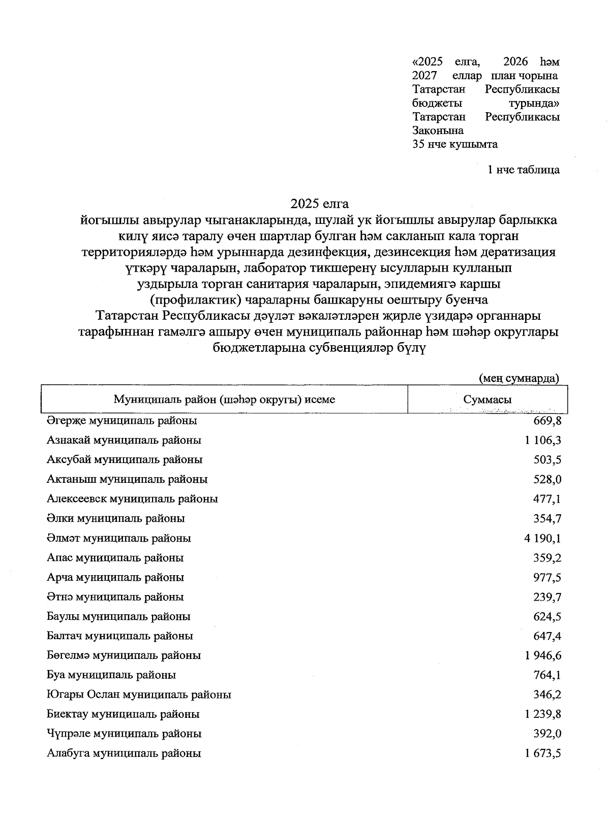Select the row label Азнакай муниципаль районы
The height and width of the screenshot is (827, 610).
(x=124, y=440)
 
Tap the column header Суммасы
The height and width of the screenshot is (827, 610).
(x=487, y=400)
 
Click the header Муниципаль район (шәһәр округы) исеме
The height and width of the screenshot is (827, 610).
(x=224, y=400)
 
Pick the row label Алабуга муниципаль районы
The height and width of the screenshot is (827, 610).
(x=124, y=753)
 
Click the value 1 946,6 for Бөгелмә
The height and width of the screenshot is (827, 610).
(x=543, y=655)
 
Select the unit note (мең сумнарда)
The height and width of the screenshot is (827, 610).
(x=518, y=378)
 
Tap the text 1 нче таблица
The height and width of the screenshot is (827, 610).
(x=523, y=170)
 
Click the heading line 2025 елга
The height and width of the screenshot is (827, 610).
(x=319, y=204)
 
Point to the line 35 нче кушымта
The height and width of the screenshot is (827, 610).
(x=455, y=144)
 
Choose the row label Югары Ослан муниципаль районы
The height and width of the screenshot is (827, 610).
(x=139, y=694)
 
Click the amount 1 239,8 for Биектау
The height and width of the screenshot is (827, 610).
(x=543, y=714)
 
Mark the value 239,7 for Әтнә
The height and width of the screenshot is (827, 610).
(x=547, y=597)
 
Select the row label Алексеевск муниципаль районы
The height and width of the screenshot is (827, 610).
(x=132, y=499)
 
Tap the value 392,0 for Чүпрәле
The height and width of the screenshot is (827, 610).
(x=547, y=734)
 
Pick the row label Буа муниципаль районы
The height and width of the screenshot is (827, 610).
(x=111, y=675)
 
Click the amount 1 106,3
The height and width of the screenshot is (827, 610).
(x=543, y=440)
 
